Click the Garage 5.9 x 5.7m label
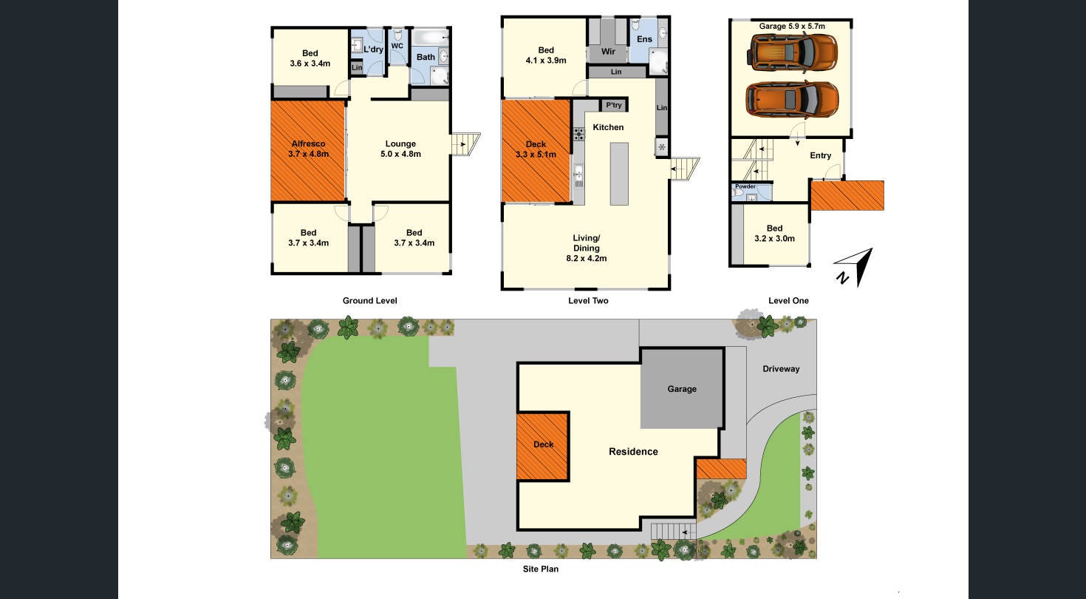791,26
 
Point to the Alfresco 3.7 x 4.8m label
308,149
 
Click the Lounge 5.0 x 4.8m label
400,149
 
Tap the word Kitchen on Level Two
608,127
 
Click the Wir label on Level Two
608,52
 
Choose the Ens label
644,38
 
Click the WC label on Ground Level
397,46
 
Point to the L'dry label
372,50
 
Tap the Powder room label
745,186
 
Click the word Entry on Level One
820,155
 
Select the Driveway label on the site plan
781,368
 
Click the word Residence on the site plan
633,451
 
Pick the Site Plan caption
542,569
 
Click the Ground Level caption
369,300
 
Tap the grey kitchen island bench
619,174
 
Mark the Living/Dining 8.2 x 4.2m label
586,248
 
